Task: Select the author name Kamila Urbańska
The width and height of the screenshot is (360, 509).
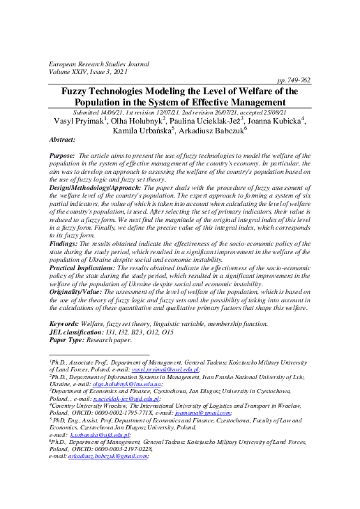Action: (142, 131)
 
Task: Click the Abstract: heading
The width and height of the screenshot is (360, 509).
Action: (65, 140)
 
